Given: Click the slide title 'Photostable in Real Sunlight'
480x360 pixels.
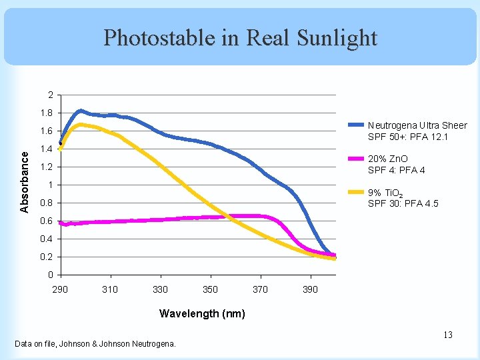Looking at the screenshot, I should click(x=240, y=37).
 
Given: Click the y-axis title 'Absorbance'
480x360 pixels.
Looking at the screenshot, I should click(x=25, y=181).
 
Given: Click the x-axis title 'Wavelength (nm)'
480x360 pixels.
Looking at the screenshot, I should click(x=202, y=313).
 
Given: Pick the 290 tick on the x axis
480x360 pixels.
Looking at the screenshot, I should click(x=60, y=289).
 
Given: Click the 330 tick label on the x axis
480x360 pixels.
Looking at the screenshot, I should click(x=160, y=289).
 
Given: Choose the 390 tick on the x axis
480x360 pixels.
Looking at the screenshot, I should click(x=311, y=289).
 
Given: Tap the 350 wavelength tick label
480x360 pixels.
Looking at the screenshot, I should click(x=210, y=289).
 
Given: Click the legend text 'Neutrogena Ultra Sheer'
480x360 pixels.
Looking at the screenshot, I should click(x=417, y=125).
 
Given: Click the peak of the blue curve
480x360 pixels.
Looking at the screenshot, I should click(x=80, y=111).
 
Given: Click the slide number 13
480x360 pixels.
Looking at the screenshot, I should click(x=447, y=335).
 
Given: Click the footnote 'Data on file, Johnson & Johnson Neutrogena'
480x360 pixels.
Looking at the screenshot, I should click(x=95, y=344).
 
